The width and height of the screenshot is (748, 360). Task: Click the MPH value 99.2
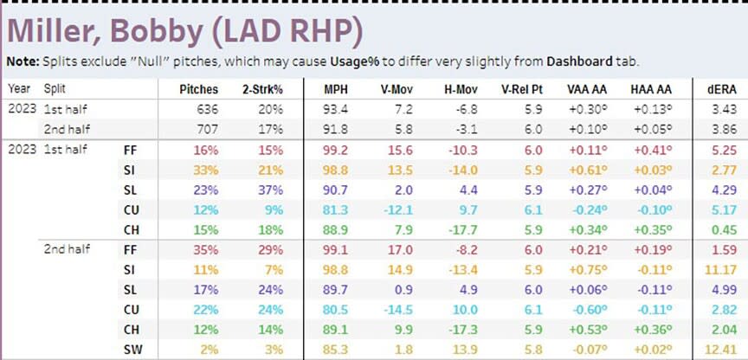click(x=338, y=150)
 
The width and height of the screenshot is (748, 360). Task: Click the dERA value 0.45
click(x=725, y=229)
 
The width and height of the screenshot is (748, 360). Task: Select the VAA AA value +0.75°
click(x=584, y=271)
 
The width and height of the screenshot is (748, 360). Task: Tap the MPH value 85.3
click(x=338, y=349)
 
